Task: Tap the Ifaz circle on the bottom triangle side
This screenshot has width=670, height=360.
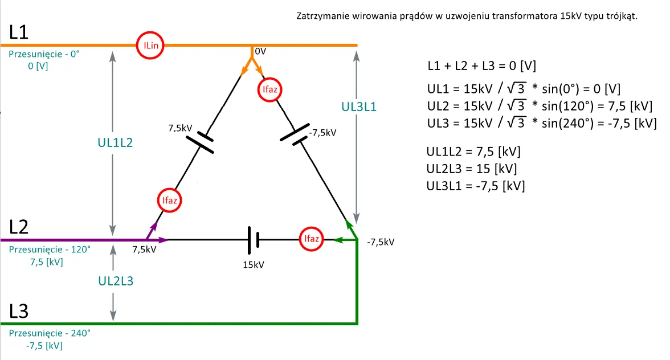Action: pos(312,239)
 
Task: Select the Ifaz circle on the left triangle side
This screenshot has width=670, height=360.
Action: pos(169,200)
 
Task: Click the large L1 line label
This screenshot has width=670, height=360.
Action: pos(19,33)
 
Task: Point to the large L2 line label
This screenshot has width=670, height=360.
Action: pos(19,227)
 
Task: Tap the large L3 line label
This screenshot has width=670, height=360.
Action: pos(19,312)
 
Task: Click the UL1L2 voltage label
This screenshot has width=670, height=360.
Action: pos(115,142)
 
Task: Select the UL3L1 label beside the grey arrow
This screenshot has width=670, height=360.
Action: pos(359,107)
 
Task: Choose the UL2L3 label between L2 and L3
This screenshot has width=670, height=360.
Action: pos(116,280)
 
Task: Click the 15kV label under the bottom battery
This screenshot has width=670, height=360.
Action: pos(254,265)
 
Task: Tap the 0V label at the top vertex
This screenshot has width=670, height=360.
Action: pos(260,51)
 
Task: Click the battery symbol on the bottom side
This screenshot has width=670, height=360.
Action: pos(254,239)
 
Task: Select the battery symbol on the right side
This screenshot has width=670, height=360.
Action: pos(295,134)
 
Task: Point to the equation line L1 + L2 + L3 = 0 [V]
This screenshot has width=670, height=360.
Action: pos(481,66)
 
